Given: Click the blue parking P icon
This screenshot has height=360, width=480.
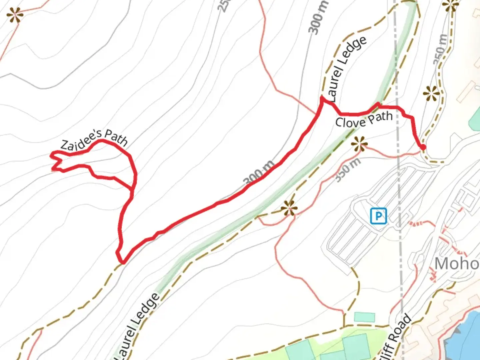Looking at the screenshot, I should point(379,216).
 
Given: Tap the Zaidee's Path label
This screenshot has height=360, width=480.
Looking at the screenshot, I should point(94,140).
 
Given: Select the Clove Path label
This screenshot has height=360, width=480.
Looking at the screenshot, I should point(364,120).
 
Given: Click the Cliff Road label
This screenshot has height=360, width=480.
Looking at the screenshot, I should point(398,337).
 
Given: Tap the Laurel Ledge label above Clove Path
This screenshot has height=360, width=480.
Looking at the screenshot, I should point(347,69).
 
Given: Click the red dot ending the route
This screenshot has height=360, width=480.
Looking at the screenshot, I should point(423,147).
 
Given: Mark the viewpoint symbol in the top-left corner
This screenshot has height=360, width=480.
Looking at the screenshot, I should point(15,15).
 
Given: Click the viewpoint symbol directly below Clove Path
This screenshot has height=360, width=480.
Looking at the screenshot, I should point(359,144).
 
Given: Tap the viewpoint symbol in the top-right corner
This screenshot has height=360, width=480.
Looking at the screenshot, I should point(450,5).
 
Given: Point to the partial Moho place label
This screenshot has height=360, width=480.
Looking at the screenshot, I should point(457,264).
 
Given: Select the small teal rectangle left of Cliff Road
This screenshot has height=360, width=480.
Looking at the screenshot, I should point(364,317).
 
